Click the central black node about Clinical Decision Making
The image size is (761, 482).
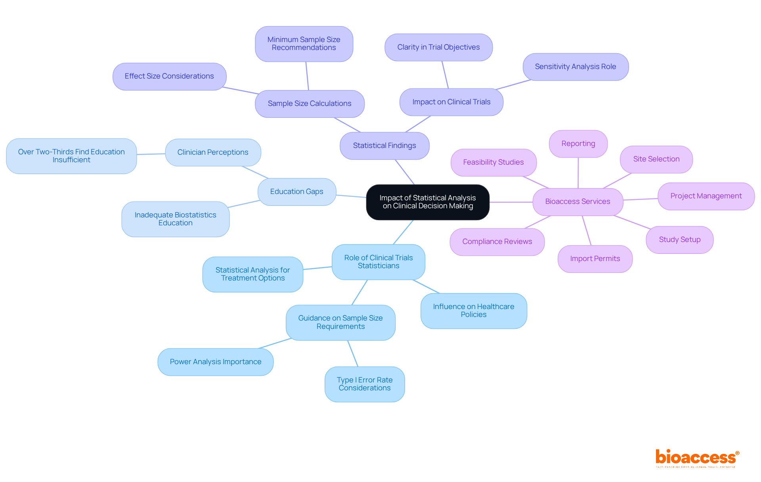(x=428, y=202)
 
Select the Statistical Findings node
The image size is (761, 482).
(x=384, y=146)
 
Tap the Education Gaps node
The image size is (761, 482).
(x=296, y=192)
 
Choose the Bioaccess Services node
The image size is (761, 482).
(x=577, y=202)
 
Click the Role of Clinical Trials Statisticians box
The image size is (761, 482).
(x=378, y=262)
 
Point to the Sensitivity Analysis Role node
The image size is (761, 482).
(x=575, y=67)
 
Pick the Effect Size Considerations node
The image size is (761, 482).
(x=169, y=76)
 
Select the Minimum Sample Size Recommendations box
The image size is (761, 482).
(x=304, y=44)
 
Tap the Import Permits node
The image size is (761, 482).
(x=595, y=259)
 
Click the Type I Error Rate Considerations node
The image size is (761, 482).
(x=364, y=384)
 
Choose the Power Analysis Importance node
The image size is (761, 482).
(x=215, y=362)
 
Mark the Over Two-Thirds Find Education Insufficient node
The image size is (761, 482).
(x=71, y=156)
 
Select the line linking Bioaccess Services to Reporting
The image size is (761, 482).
(x=578, y=173)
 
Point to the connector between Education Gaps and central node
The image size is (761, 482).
(x=351, y=196)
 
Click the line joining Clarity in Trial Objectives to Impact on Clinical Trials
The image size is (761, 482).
(x=445, y=75)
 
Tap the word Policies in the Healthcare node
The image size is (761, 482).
(x=473, y=315)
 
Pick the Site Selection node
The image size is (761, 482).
(x=656, y=159)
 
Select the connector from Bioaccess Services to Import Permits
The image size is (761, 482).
(x=586, y=230)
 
